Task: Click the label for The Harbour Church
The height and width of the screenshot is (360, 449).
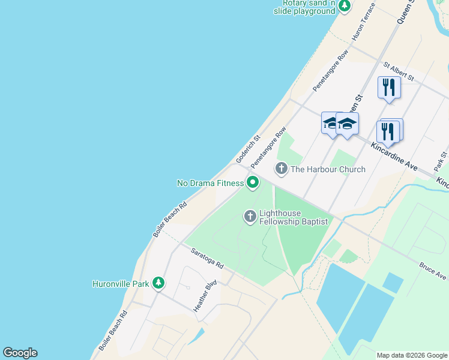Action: coord(328,169)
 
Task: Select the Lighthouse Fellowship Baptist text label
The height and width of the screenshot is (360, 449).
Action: coord(294,217)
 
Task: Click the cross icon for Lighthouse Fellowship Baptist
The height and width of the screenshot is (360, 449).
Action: coord(250,215)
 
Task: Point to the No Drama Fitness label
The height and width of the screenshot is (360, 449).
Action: coord(210,183)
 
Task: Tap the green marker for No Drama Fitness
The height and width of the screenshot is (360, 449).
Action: coord(253,182)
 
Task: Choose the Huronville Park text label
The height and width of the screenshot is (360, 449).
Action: coord(120,284)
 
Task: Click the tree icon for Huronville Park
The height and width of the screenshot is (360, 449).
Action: coord(158,283)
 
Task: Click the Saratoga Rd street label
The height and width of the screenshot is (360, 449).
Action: coord(208,259)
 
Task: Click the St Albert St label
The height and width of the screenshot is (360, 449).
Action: coord(399,71)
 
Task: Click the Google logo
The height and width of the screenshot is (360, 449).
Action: coord(20,353)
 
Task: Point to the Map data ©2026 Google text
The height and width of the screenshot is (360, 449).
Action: coord(411,355)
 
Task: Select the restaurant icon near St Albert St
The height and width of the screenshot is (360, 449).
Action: coord(389,87)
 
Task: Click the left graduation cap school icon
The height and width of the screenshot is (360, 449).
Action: coord(331,124)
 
